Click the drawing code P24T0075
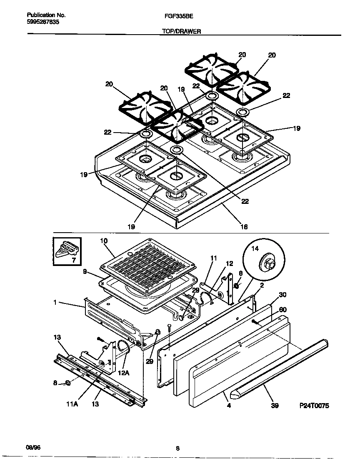[x=314, y=406]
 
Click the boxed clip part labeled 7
[x=67, y=251]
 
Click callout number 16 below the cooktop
[x=244, y=227]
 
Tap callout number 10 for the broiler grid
[x=104, y=241]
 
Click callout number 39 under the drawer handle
[x=274, y=405]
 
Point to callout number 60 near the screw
[x=282, y=309]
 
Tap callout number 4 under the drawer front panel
[x=229, y=404]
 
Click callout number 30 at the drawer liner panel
[x=282, y=294]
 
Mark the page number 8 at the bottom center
[x=177, y=449]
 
